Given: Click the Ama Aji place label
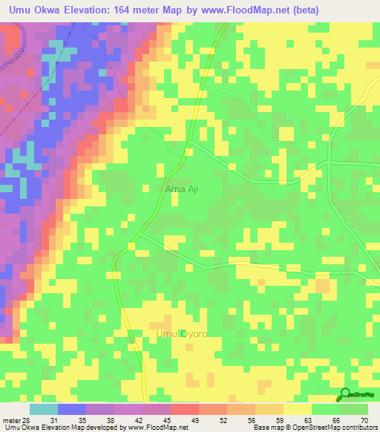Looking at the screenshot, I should [181, 189].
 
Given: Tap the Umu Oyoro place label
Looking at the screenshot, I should [181, 334].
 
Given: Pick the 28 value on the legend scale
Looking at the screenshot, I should [28, 421].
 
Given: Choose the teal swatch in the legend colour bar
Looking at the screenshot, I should [43, 409].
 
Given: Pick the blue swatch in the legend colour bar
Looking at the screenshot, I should [71, 409].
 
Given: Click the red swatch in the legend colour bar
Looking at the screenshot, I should [184, 409].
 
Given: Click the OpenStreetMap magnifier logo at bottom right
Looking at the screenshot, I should [345, 394].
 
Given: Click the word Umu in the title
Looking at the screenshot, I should [20, 10].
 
